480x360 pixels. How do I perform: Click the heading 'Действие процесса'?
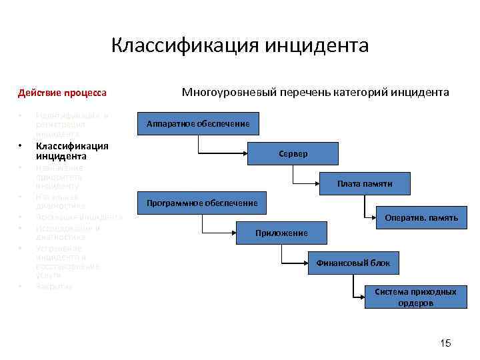click(x=62, y=92)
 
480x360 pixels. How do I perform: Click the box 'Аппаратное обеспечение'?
click(x=198, y=125)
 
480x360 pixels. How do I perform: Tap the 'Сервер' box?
click(x=294, y=154)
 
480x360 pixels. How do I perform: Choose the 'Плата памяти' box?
click(x=364, y=183)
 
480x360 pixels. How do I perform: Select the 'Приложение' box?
click(x=281, y=233)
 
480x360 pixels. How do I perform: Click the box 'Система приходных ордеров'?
click(x=415, y=297)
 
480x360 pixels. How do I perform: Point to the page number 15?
click(x=445, y=343)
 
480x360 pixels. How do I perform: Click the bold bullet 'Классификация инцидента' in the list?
click(x=72, y=151)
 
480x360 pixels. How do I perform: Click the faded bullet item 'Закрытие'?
click(x=54, y=286)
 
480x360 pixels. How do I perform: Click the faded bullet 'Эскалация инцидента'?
click(x=79, y=217)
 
